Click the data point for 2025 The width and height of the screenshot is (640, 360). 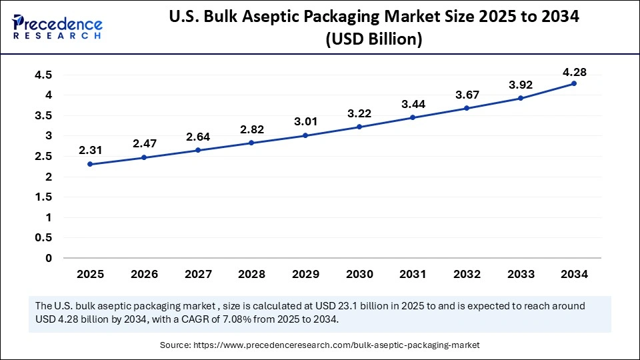click(90, 164)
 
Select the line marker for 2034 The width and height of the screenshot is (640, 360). click(574, 83)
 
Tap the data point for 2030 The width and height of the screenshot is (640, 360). click(359, 127)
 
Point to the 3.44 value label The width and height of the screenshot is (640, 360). click(413, 105)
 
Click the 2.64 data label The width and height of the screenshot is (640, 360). click(197, 137)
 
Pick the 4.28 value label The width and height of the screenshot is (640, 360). click(574, 71)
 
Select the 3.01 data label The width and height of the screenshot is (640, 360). click(305, 122)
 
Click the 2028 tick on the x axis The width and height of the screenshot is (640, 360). click(251, 274)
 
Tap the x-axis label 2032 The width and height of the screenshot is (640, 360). click(467, 274)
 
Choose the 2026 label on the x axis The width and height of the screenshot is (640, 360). click(144, 274)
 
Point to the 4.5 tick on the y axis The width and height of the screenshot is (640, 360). click(43, 75)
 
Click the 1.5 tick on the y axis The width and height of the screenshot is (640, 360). click(43, 197)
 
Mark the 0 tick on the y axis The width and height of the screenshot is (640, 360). click(47, 258)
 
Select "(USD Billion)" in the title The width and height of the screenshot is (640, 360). click(373, 40)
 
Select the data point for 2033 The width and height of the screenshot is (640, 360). click(521, 98)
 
